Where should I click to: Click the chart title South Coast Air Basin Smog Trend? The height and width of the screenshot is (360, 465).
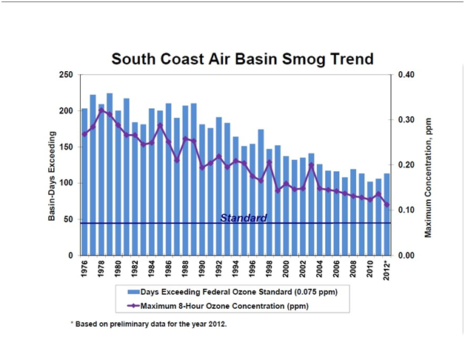(x=242, y=59)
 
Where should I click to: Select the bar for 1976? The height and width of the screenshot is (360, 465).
(x=84, y=181)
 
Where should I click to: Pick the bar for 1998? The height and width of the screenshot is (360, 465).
(x=269, y=201)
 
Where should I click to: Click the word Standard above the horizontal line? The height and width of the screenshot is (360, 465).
(x=243, y=218)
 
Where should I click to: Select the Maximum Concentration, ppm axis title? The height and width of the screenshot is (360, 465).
(x=427, y=165)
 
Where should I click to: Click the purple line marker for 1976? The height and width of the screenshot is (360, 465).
(x=84, y=134)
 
